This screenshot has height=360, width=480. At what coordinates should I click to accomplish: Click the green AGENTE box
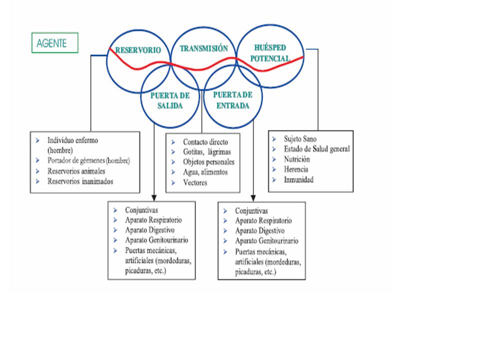click(55, 43)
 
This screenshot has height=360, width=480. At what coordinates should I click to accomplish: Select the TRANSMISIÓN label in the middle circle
click(203, 48)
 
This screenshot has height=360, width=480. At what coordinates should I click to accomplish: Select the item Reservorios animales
click(80, 171)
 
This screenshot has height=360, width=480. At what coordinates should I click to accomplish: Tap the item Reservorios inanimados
click(80, 181)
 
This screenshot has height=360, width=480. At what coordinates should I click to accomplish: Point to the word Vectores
click(195, 182)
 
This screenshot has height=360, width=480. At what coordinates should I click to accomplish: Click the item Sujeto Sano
click(300, 138)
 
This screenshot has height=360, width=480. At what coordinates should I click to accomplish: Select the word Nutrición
click(297, 159)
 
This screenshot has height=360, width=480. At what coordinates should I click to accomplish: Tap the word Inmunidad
click(298, 179)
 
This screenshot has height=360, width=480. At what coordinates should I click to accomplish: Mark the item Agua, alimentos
click(205, 172)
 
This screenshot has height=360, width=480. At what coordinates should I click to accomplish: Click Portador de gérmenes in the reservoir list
click(88, 160)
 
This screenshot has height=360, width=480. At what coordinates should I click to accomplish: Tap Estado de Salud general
click(317, 148)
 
